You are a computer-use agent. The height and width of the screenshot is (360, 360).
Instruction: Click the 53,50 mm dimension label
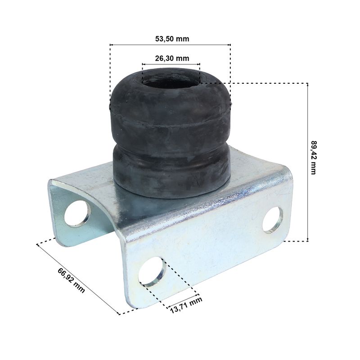172,39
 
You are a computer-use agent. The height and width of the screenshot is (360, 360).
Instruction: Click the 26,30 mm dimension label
172,58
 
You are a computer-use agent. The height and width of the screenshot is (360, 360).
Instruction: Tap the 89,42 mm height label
313,157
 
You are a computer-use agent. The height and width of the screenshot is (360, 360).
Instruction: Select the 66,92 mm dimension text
71,280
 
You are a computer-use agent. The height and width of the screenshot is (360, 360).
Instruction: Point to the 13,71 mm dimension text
186,305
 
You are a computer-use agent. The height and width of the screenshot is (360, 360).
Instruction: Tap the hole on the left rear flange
77,213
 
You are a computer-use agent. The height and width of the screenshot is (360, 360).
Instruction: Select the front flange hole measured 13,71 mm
152,271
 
